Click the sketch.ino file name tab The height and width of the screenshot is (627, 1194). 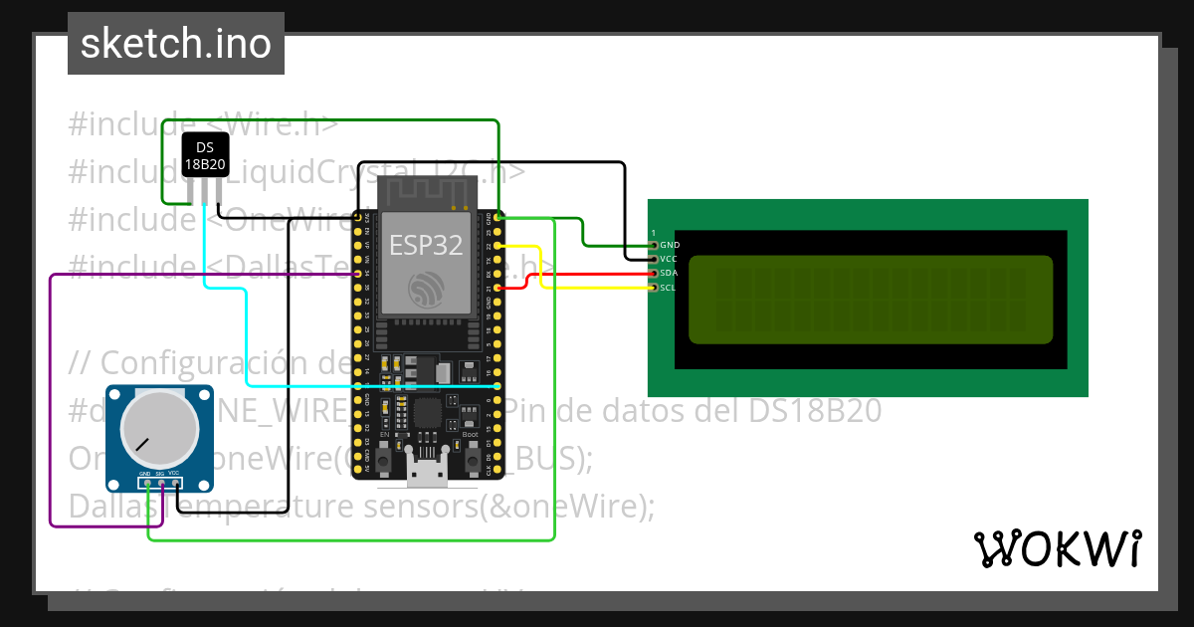point(176,44)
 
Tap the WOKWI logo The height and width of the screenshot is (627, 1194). point(1057,548)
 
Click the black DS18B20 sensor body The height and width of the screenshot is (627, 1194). point(205,155)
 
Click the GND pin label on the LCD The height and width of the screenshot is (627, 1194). point(670,245)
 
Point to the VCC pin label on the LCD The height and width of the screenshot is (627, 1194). point(670,259)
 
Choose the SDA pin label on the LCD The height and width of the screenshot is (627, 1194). point(670,273)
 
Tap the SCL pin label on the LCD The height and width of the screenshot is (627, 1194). point(669,288)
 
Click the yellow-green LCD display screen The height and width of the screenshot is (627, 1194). point(870,300)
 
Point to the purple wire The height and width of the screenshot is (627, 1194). point(51,398)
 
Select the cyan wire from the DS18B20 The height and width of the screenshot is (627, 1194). point(246,338)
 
